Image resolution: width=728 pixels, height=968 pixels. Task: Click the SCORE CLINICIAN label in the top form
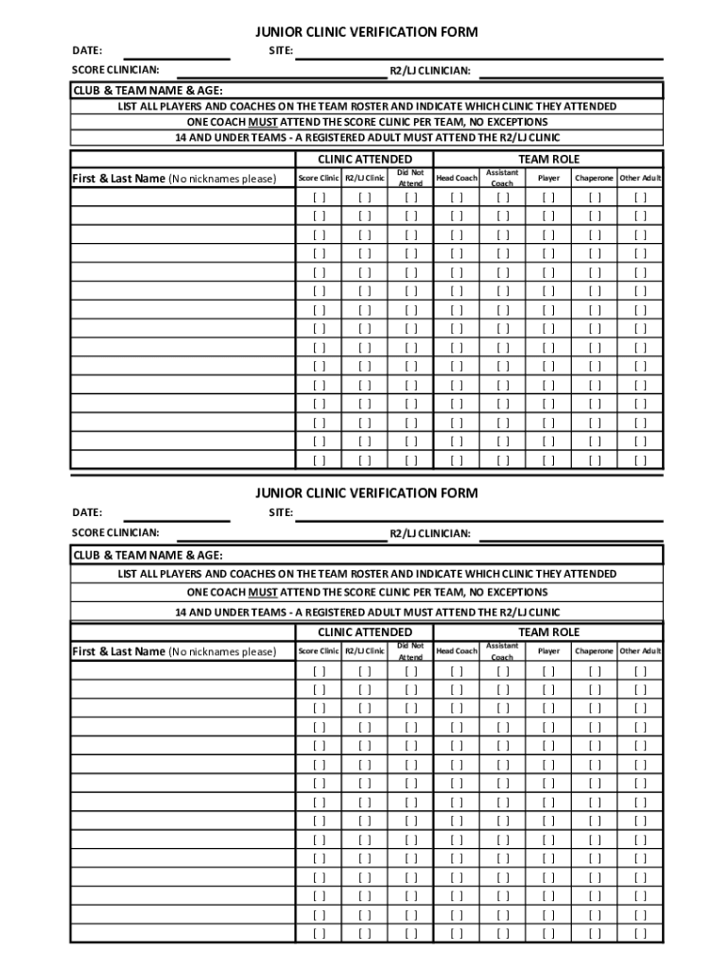[116, 70]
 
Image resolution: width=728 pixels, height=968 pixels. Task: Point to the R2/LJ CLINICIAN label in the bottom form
[430, 533]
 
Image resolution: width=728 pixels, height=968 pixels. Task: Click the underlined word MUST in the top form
[263, 122]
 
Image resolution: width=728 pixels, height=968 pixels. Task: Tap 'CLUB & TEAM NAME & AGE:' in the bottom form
[148, 555]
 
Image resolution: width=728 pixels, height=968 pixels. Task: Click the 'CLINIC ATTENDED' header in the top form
[364, 160]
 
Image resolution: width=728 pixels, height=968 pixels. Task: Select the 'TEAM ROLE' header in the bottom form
[548, 631]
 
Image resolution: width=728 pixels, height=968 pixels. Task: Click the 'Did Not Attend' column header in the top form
[410, 178]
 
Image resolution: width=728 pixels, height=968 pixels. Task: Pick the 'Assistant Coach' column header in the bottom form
[502, 651]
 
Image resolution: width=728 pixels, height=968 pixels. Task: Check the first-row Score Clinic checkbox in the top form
[319, 198]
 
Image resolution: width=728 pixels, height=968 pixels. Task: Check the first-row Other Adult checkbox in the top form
[641, 198]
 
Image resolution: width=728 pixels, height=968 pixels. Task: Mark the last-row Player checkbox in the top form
[548, 460]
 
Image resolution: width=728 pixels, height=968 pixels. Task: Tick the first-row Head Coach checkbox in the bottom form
[457, 671]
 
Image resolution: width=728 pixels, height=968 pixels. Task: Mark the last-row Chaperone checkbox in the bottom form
[594, 933]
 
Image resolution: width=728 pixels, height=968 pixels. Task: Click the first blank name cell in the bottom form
[182, 671]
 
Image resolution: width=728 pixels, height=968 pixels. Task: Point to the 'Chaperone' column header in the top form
[594, 178]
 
